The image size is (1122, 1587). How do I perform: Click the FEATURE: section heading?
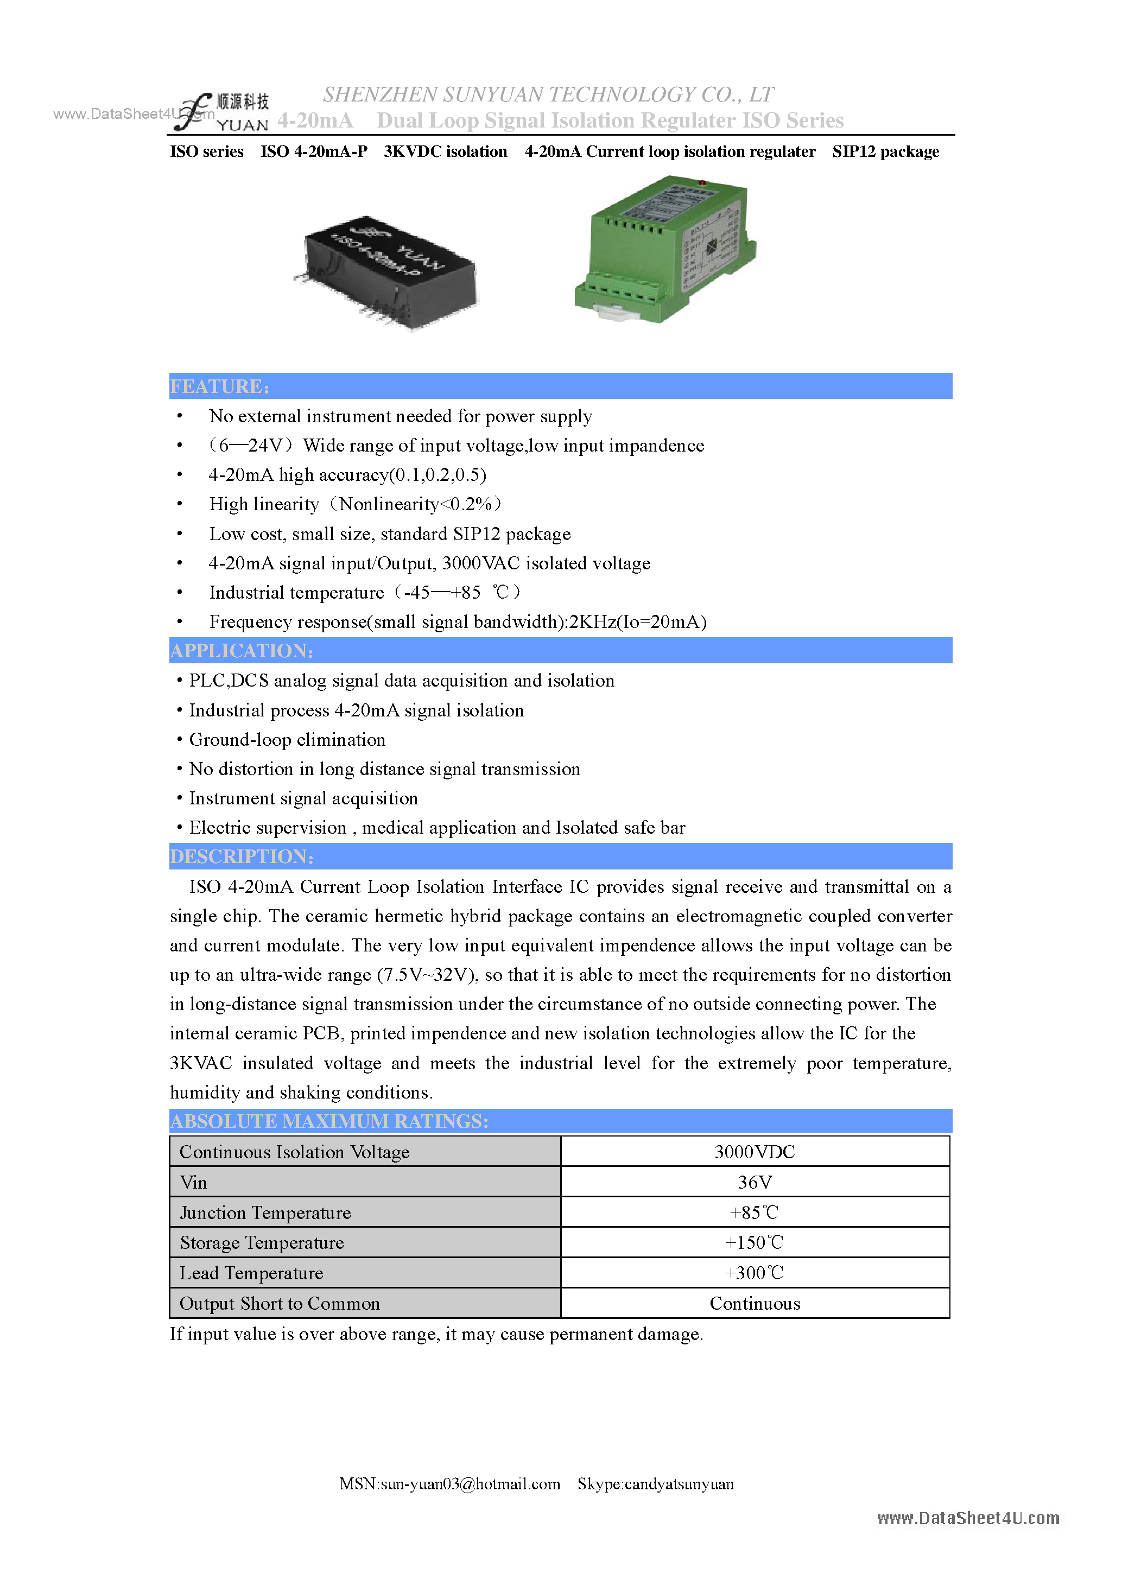pos(220,386)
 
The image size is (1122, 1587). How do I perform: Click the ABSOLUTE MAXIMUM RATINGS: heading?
pos(329,1121)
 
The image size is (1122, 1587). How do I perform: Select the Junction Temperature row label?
pos(265,1213)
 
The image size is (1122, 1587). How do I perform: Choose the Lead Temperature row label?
pos(252,1273)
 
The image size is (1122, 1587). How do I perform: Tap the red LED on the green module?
pos(702,183)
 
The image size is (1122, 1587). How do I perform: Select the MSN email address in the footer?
pos(449,1483)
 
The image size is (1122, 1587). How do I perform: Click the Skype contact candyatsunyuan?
pos(655,1483)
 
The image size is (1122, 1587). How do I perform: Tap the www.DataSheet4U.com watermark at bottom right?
pos(968,1518)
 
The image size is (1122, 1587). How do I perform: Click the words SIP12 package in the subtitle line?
pos(885,151)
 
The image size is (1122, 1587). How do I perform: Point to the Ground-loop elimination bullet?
pos(287,740)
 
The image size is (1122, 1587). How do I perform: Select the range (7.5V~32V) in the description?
pos(427,975)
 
